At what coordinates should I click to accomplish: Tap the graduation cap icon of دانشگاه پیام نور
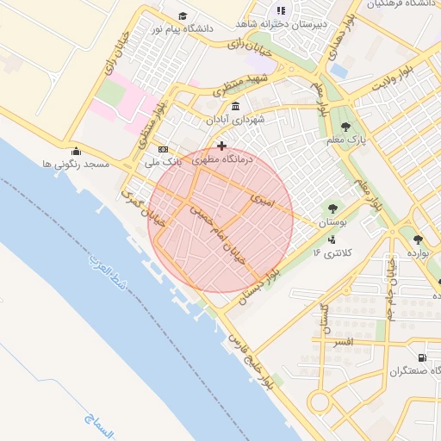[183, 16]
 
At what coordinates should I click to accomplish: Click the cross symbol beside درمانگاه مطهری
[222, 146]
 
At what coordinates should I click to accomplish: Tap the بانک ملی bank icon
[163, 149]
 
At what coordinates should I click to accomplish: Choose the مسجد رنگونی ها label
[75, 163]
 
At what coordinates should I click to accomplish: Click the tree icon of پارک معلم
[346, 126]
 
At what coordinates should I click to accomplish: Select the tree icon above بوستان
[332, 208]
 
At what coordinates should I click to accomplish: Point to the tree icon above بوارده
[418, 240]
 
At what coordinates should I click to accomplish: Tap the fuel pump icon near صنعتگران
[421, 357]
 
